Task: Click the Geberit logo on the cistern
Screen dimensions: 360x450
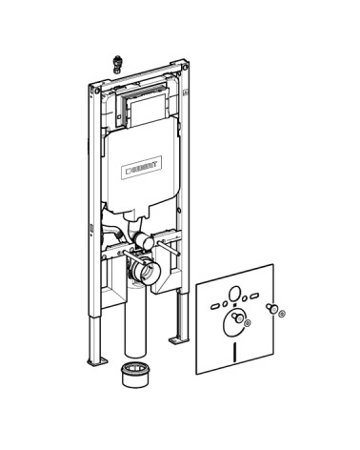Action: coord(142,167)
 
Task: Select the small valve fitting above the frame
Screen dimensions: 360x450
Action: coord(117,64)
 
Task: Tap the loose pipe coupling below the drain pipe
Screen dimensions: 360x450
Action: coord(135,375)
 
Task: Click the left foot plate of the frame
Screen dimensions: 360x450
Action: coord(97,361)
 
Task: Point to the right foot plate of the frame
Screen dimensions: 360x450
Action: coord(178,340)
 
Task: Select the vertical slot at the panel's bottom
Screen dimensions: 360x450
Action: coord(235,353)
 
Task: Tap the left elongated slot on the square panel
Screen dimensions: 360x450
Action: coord(215,306)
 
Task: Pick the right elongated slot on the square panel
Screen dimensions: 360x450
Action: coord(254,297)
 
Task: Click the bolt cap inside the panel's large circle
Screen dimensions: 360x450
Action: coord(237,317)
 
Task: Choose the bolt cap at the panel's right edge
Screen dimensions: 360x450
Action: coord(271,308)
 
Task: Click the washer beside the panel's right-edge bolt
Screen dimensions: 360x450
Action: coord(282,314)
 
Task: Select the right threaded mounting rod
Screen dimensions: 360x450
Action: coord(168,248)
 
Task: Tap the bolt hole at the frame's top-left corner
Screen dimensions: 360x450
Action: coord(97,91)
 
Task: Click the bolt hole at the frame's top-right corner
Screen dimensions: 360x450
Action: coord(185,68)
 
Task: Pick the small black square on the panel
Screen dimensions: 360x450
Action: coord(235,305)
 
